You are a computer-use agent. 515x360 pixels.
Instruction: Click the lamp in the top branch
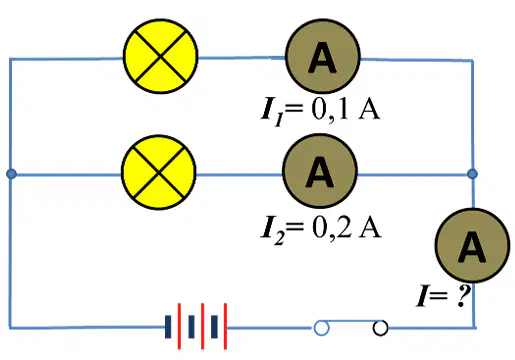click(x=161, y=56)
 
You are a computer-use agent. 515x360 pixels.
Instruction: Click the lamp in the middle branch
click(x=159, y=172)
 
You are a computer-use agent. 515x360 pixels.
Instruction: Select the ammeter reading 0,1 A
click(x=323, y=56)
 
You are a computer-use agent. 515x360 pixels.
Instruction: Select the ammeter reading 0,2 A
click(x=320, y=171)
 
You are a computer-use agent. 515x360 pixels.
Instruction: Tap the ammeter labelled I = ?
click(x=472, y=246)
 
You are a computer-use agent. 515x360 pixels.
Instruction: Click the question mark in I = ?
click(x=462, y=295)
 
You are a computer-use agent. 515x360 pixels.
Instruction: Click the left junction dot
click(x=11, y=174)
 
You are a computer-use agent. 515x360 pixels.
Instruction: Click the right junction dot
click(x=472, y=173)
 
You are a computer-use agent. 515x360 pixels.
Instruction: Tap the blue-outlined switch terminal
click(x=321, y=328)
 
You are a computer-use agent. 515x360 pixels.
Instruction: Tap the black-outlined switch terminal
click(x=380, y=328)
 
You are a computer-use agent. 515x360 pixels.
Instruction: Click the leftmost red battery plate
click(x=179, y=326)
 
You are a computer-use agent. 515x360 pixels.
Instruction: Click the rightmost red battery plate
click(x=225, y=326)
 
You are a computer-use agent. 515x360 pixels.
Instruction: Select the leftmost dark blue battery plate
click(x=168, y=327)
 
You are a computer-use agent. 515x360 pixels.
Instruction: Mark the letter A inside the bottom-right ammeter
click(x=472, y=247)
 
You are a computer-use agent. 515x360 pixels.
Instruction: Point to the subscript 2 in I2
click(x=279, y=238)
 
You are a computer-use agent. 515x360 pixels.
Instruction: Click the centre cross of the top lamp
click(x=161, y=56)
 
